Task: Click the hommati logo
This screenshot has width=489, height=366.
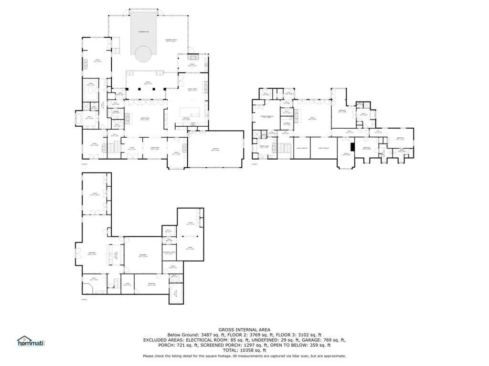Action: tap(31, 342)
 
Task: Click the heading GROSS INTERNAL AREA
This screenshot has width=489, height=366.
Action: tap(244, 329)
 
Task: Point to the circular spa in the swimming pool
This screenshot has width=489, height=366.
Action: tap(144, 53)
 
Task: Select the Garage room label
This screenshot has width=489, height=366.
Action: tap(215, 150)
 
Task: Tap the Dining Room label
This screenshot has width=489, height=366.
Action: tap(154, 149)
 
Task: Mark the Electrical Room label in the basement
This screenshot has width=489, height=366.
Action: tap(170, 252)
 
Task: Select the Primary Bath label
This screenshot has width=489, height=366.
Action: tap(264, 147)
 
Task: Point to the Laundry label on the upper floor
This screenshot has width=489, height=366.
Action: tap(287, 123)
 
